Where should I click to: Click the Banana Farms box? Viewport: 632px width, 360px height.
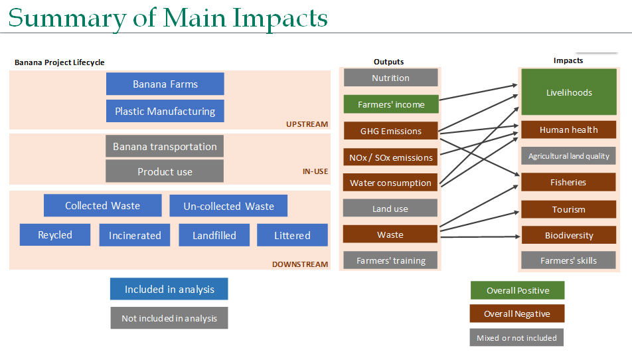165,84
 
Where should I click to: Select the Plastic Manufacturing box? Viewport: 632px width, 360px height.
165,111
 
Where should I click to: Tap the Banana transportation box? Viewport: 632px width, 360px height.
165,146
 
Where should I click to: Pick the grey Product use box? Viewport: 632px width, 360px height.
165,171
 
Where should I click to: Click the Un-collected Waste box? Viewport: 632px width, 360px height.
228,206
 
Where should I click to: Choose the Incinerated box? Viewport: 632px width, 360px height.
135,235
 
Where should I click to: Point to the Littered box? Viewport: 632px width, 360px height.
292,235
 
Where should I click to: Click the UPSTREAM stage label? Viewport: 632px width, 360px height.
307,124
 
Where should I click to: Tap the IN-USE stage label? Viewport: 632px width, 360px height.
315,171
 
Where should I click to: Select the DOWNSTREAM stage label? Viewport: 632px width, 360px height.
300,264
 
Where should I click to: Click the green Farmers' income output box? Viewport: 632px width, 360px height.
391,104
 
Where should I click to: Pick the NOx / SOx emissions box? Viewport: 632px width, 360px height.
390,157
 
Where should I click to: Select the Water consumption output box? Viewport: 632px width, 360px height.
390,183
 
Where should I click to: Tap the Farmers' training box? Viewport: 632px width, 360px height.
390,260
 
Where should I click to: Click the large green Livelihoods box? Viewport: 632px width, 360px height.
569,92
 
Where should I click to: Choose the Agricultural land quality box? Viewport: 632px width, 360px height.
569,155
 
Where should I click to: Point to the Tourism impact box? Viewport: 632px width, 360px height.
569,209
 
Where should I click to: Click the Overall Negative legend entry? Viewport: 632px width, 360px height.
517,314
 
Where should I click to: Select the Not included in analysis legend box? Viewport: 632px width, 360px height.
169,318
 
